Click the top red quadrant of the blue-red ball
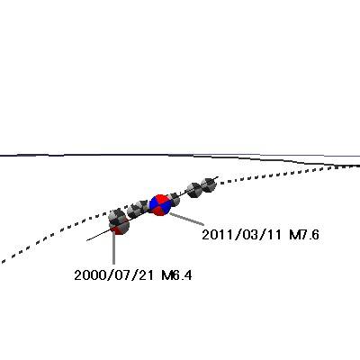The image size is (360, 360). click(x=161, y=199)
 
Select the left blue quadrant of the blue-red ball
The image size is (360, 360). click(x=154, y=204)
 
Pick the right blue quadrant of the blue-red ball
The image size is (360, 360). click(x=166, y=205)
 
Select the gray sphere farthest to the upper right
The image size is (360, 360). click(x=208, y=184)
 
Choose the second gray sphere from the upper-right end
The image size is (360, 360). click(x=193, y=190)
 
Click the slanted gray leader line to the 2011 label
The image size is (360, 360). click(x=186, y=219)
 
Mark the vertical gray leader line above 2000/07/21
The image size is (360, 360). click(x=113, y=247)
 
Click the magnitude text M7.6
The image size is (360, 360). click(x=304, y=235)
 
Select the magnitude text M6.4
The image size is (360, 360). click(x=176, y=275)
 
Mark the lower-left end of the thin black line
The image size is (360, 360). click(x=87, y=240)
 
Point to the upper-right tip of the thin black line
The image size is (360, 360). click(x=219, y=176)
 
